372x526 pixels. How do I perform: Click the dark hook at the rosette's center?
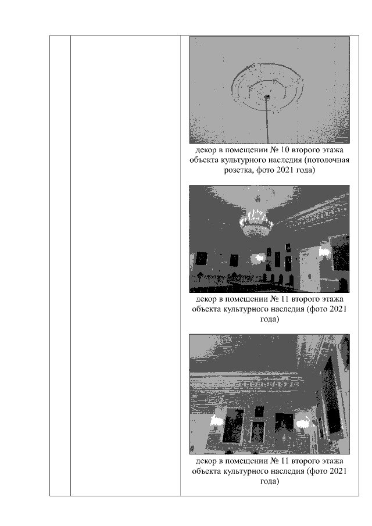(267, 97)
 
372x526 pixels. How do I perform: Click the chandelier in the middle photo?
(255, 220)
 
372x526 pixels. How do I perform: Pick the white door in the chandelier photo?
(309, 269)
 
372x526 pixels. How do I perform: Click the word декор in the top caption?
(206, 150)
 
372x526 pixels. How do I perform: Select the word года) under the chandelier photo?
(269, 319)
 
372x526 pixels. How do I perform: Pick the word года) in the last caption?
(269, 481)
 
